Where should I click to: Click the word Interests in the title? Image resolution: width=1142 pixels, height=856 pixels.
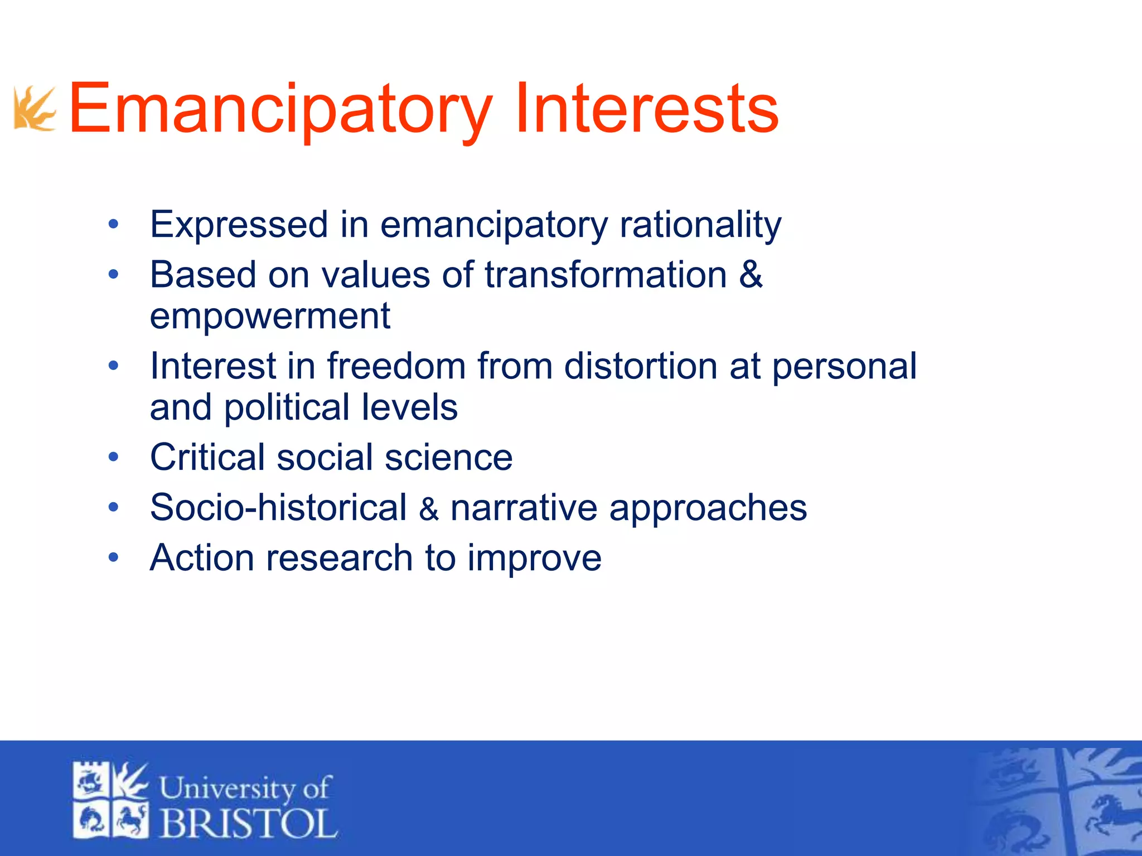coord(647,109)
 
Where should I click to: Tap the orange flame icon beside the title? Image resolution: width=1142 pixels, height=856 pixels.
coord(35,109)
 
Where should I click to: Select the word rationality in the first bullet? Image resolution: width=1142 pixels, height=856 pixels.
coord(700,225)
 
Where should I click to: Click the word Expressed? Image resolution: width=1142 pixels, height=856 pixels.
coord(239,225)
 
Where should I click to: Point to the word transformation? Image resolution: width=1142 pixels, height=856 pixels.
coord(606,275)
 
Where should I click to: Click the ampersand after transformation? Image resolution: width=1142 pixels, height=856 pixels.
coord(751,275)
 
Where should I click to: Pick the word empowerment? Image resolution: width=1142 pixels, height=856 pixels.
coord(270,316)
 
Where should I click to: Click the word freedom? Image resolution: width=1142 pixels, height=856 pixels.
coord(396,366)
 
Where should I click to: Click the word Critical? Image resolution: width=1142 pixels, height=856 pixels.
coord(207,458)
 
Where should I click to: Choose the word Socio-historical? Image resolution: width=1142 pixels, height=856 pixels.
coord(278,508)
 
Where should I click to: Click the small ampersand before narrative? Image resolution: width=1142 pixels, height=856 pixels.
coord(429,509)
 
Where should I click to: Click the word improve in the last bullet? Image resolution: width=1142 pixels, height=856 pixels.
coord(534,558)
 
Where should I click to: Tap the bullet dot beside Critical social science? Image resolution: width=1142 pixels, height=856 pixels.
coord(114,458)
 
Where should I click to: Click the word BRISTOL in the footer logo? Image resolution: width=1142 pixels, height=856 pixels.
coord(249,823)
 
